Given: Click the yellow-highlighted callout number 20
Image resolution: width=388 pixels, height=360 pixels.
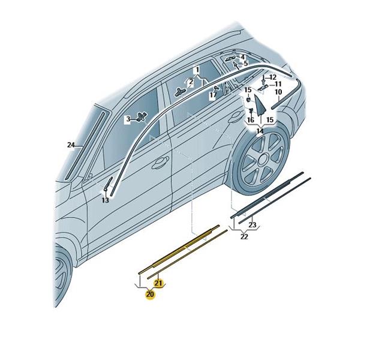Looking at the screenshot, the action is (150, 295).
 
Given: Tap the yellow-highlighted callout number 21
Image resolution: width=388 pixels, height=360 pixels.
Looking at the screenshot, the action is (158, 283).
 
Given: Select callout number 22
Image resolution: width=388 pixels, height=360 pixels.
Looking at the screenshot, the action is (244, 236).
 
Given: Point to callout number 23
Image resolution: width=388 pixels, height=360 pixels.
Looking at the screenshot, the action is (252, 225).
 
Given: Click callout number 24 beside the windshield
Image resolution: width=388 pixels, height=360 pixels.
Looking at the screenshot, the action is (71, 145).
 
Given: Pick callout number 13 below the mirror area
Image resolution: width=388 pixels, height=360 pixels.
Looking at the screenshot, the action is (106, 200).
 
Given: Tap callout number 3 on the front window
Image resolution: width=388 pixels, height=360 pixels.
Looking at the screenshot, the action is (128, 119).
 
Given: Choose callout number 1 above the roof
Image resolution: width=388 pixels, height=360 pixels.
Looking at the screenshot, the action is (197, 70).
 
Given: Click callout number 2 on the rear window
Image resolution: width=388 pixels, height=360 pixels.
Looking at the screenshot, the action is (191, 82).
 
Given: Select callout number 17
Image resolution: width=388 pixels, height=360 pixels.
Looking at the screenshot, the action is (213, 95).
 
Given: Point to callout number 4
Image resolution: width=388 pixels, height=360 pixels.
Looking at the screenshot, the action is (243, 57).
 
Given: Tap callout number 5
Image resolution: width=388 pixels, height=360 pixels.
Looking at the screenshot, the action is (245, 64).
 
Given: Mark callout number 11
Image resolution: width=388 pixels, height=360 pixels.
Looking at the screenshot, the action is (278, 84).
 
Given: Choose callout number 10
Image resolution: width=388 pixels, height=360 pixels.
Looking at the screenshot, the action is (278, 92).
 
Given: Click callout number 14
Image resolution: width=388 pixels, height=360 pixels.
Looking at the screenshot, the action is (260, 131).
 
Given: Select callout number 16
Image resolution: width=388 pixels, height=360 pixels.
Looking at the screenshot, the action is (251, 120).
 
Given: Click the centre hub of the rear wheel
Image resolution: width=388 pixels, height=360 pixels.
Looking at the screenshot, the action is (263, 158).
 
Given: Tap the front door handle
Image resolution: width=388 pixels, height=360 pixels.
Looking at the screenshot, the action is (161, 163).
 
